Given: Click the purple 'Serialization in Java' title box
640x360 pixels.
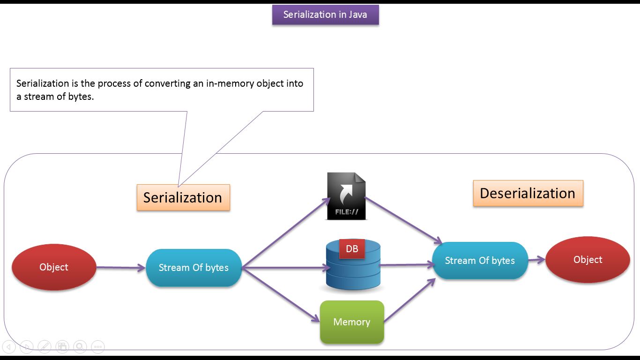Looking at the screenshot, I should pyautogui.click(x=325, y=15).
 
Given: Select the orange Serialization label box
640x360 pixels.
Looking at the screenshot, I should pyautogui.click(x=183, y=197).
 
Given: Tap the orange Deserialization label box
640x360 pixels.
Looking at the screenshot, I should pyautogui.click(x=528, y=193).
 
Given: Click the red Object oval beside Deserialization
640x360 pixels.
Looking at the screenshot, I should pyautogui.click(x=588, y=260).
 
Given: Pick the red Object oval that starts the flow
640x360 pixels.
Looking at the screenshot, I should pyautogui.click(x=54, y=267).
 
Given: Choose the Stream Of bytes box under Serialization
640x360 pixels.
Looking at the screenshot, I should pyautogui.click(x=193, y=268).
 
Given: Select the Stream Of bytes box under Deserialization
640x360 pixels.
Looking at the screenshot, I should pyautogui.click(x=480, y=261).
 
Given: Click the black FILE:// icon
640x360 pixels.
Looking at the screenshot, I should pyautogui.click(x=346, y=196).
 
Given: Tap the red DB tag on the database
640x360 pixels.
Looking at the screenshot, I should pyautogui.click(x=352, y=249).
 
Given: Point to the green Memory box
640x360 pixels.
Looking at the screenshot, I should pyautogui.click(x=352, y=322).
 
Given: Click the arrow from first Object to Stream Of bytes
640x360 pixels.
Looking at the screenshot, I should pyautogui.click(x=121, y=268).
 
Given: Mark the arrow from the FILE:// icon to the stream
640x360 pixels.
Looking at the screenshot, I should pyautogui.click(x=403, y=220).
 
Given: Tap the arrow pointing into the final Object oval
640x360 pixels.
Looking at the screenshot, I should pyautogui.click(x=537, y=260).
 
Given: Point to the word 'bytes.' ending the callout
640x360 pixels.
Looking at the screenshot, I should pyautogui.click(x=81, y=97).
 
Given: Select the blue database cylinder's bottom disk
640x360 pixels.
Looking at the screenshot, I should pyautogui.click(x=353, y=283).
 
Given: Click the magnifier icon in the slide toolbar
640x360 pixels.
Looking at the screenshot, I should pyautogui.click(x=80, y=347).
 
